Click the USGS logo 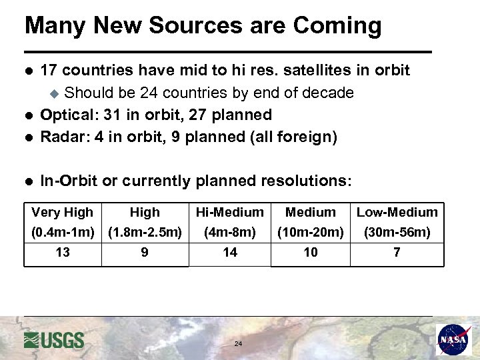[x=54, y=340]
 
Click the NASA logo [x=454, y=339]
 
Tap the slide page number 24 [x=238, y=344]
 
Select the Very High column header [x=62, y=213]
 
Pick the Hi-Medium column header [x=229, y=213]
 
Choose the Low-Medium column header [x=397, y=213]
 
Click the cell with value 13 [x=63, y=253]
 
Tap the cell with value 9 [x=145, y=253]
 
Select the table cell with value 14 [x=229, y=253]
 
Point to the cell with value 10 [x=311, y=253]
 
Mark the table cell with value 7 [x=397, y=253]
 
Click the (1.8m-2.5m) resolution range [x=145, y=233]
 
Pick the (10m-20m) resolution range [x=311, y=233]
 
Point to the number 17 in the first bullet [x=51, y=70]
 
